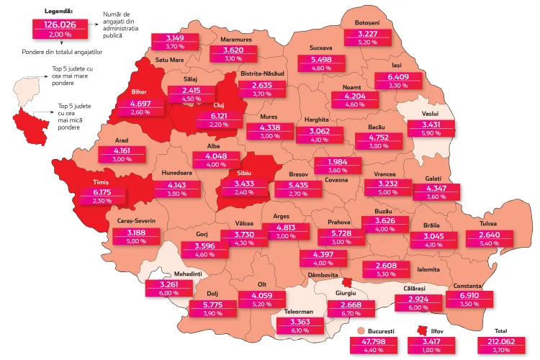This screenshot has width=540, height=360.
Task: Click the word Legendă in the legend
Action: click(x=58, y=13)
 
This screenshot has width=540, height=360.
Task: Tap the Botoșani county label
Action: click(x=367, y=23)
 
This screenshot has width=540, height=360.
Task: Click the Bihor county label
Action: click(x=139, y=92)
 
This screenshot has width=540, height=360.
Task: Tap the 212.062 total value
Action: click(x=501, y=342)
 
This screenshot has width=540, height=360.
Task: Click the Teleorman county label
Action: click(x=292, y=313)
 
